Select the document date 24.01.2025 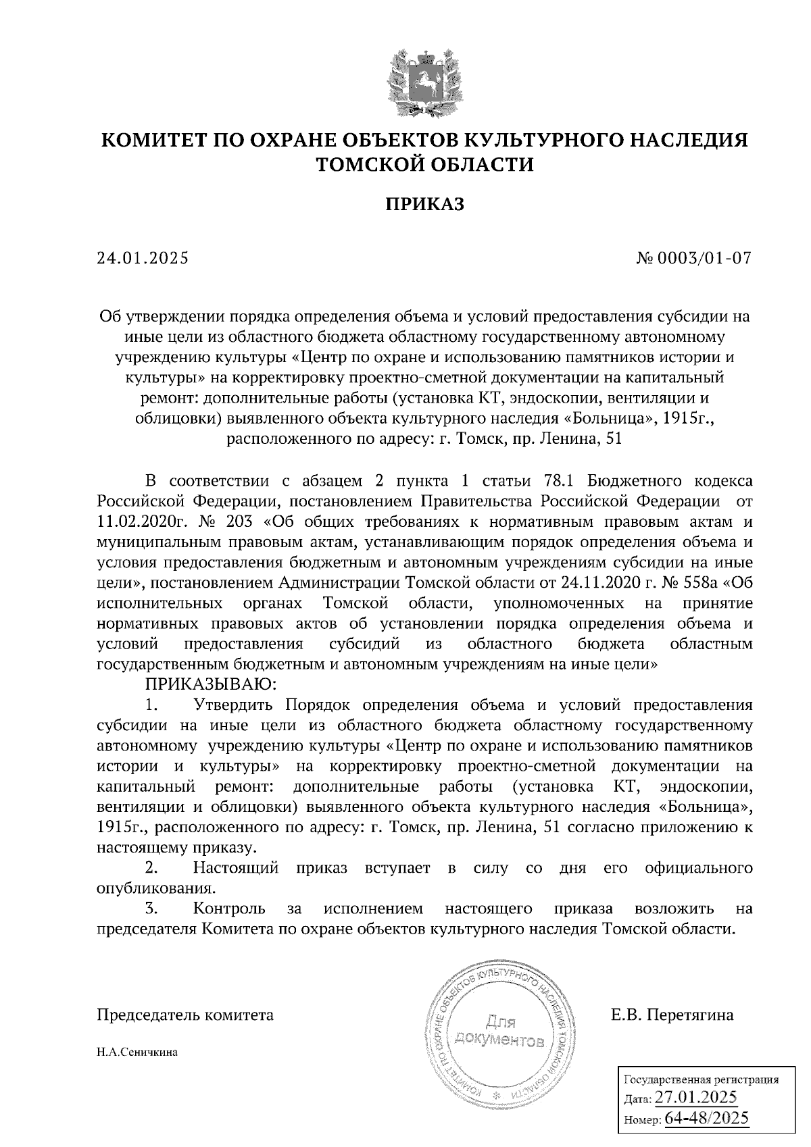tap(143, 258)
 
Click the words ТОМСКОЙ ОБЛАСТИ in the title tap(425, 164)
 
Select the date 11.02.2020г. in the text tap(135, 521)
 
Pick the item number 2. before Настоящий tap(152, 867)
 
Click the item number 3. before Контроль tap(152, 909)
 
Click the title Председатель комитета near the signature tap(186, 1015)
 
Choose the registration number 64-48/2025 tap(707, 1118)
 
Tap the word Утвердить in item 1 tap(232, 705)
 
